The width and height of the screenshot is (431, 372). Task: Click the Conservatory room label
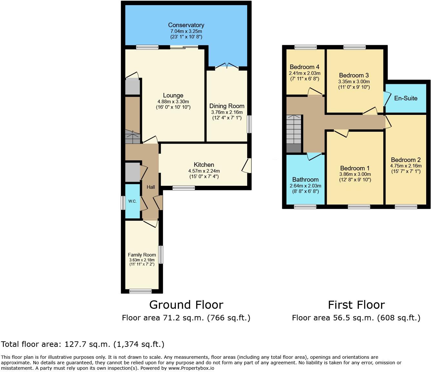tap(186, 25)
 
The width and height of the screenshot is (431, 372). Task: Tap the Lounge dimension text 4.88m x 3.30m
tap(173, 101)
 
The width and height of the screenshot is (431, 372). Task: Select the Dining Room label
tap(227, 106)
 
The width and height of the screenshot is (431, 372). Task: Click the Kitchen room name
tap(204, 165)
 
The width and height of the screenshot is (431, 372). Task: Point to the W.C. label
tap(132, 201)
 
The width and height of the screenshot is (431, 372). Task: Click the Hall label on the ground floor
tap(151, 187)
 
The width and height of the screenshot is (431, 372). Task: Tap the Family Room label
tap(142, 255)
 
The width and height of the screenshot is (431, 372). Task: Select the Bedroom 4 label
tap(305, 67)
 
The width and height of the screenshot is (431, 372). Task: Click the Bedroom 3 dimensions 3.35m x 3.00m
tap(354, 82)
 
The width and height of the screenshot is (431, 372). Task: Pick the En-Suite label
tap(406, 98)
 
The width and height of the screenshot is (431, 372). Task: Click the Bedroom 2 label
tap(406, 160)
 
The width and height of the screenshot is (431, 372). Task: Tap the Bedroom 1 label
tap(355, 168)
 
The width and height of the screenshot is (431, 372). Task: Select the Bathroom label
tap(305, 180)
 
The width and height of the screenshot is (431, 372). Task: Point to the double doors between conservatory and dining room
tap(227, 66)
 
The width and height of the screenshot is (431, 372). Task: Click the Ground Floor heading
tap(186, 305)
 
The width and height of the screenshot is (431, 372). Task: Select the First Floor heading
tap(356, 305)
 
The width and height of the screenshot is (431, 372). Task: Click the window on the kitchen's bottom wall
tap(184, 188)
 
